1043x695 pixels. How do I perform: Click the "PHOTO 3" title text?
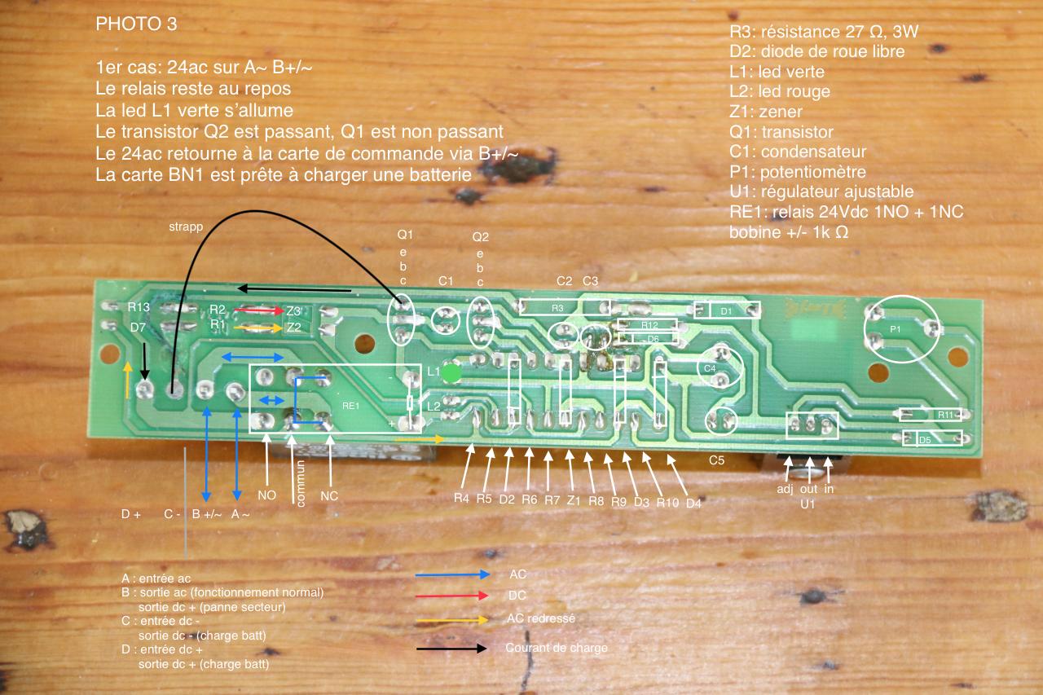(x=136, y=24)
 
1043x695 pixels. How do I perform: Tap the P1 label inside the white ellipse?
(x=896, y=329)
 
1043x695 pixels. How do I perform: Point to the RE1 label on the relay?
(x=351, y=404)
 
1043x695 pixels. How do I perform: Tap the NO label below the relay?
(x=267, y=495)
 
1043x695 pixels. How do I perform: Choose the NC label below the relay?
(x=329, y=495)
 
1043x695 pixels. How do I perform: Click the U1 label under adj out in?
(x=808, y=504)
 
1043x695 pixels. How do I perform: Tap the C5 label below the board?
(x=716, y=460)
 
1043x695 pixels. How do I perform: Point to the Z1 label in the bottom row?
(x=572, y=499)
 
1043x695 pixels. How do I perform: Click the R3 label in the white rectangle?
(x=557, y=308)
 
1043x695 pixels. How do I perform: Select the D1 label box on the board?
(x=727, y=310)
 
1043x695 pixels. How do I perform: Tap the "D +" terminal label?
(x=131, y=515)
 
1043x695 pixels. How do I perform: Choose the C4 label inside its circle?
(x=709, y=369)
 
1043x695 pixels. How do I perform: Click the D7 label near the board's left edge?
(x=139, y=328)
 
